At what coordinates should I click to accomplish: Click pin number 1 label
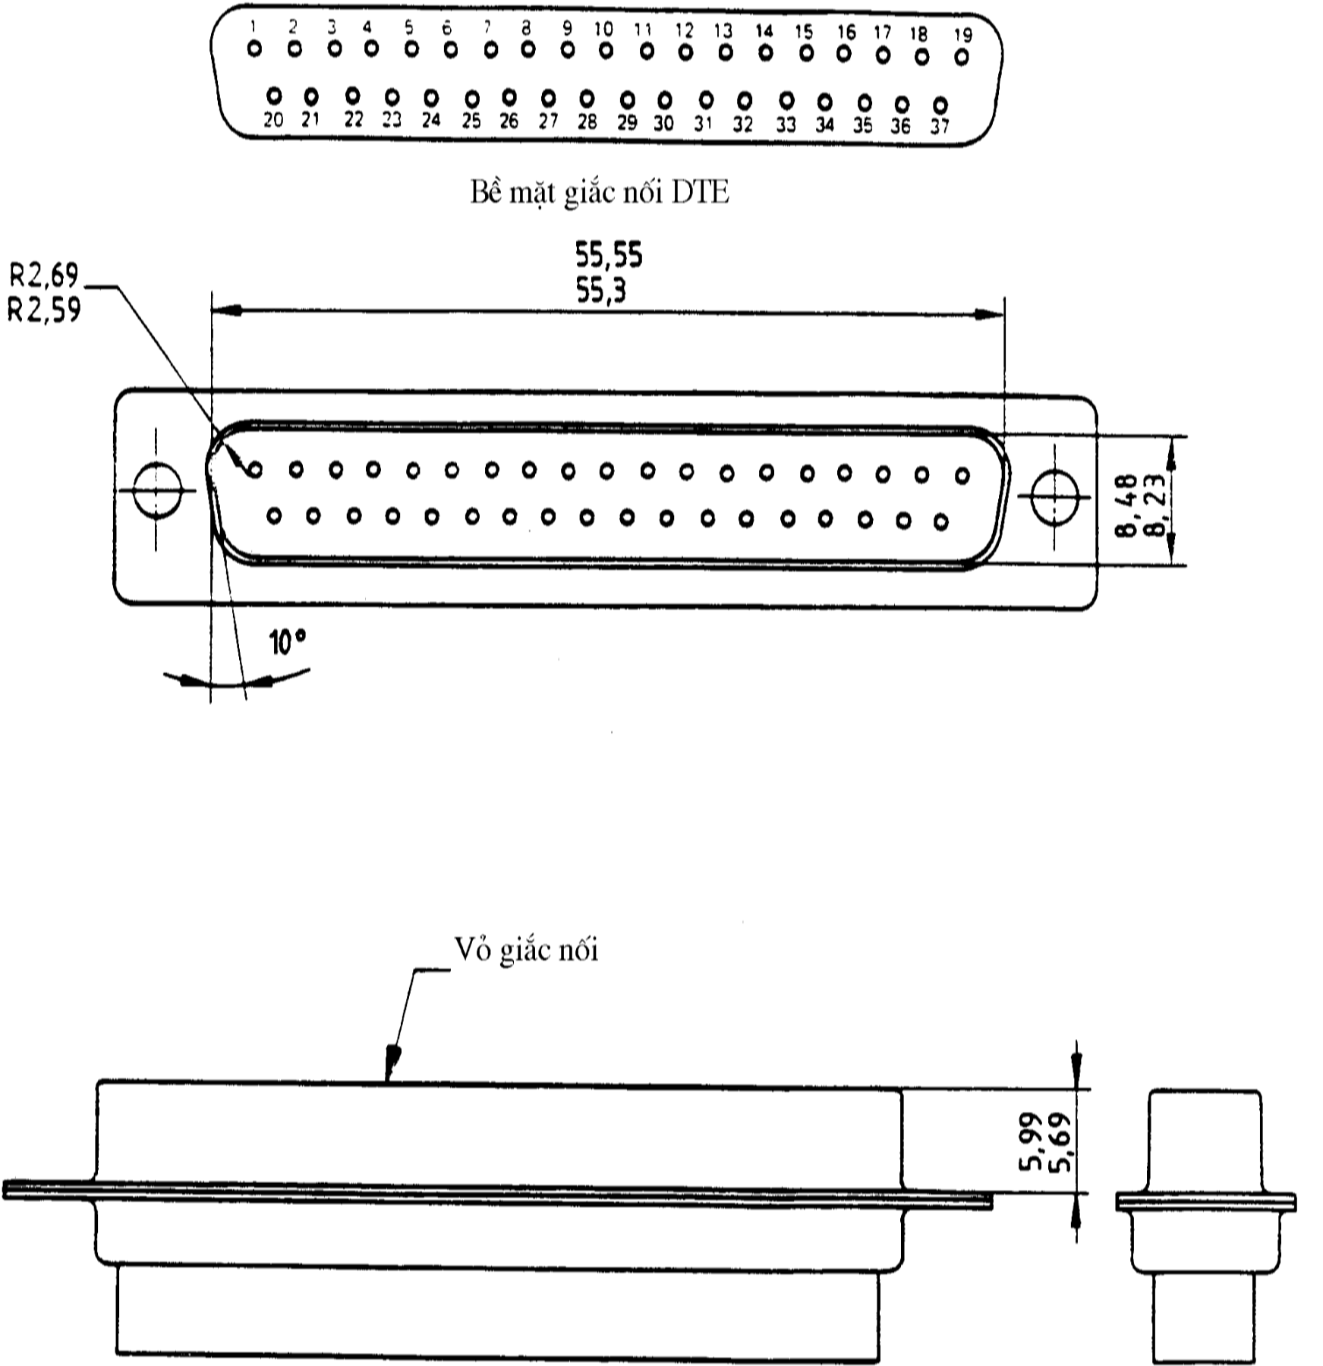pyautogui.click(x=253, y=27)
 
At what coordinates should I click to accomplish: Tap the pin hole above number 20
pyautogui.click(x=274, y=96)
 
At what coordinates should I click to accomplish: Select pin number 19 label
pyautogui.click(x=962, y=34)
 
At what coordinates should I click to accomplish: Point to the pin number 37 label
pyautogui.click(x=940, y=126)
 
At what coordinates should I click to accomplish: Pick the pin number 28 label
pyautogui.click(x=587, y=121)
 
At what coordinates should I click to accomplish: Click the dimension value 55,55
pyautogui.click(x=608, y=255)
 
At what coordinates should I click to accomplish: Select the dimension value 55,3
pyautogui.click(x=601, y=290)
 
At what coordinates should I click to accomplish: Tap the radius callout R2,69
pyautogui.click(x=43, y=275)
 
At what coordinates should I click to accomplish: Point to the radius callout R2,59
pyautogui.click(x=43, y=310)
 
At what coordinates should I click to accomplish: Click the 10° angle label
pyautogui.click(x=288, y=643)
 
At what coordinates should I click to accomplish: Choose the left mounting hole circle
pyautogui.click(x=157, y=489)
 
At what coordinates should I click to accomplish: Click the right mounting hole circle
pyautogui.click(x=1055, y=497)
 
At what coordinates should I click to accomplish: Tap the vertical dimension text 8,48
pyautogui.click(x=1126, y=505)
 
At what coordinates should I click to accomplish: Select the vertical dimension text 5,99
pyautogui.click(x=1029, y=1143)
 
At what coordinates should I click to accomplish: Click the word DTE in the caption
pyautogui.click(x=700, y=193)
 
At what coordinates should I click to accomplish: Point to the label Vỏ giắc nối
pyautogui.click(x=526, y=949)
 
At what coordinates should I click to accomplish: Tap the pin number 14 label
pyautogui.click(x=764, y=31)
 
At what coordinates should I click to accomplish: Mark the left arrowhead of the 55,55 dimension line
pyautogui.click(x=227, y=310)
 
